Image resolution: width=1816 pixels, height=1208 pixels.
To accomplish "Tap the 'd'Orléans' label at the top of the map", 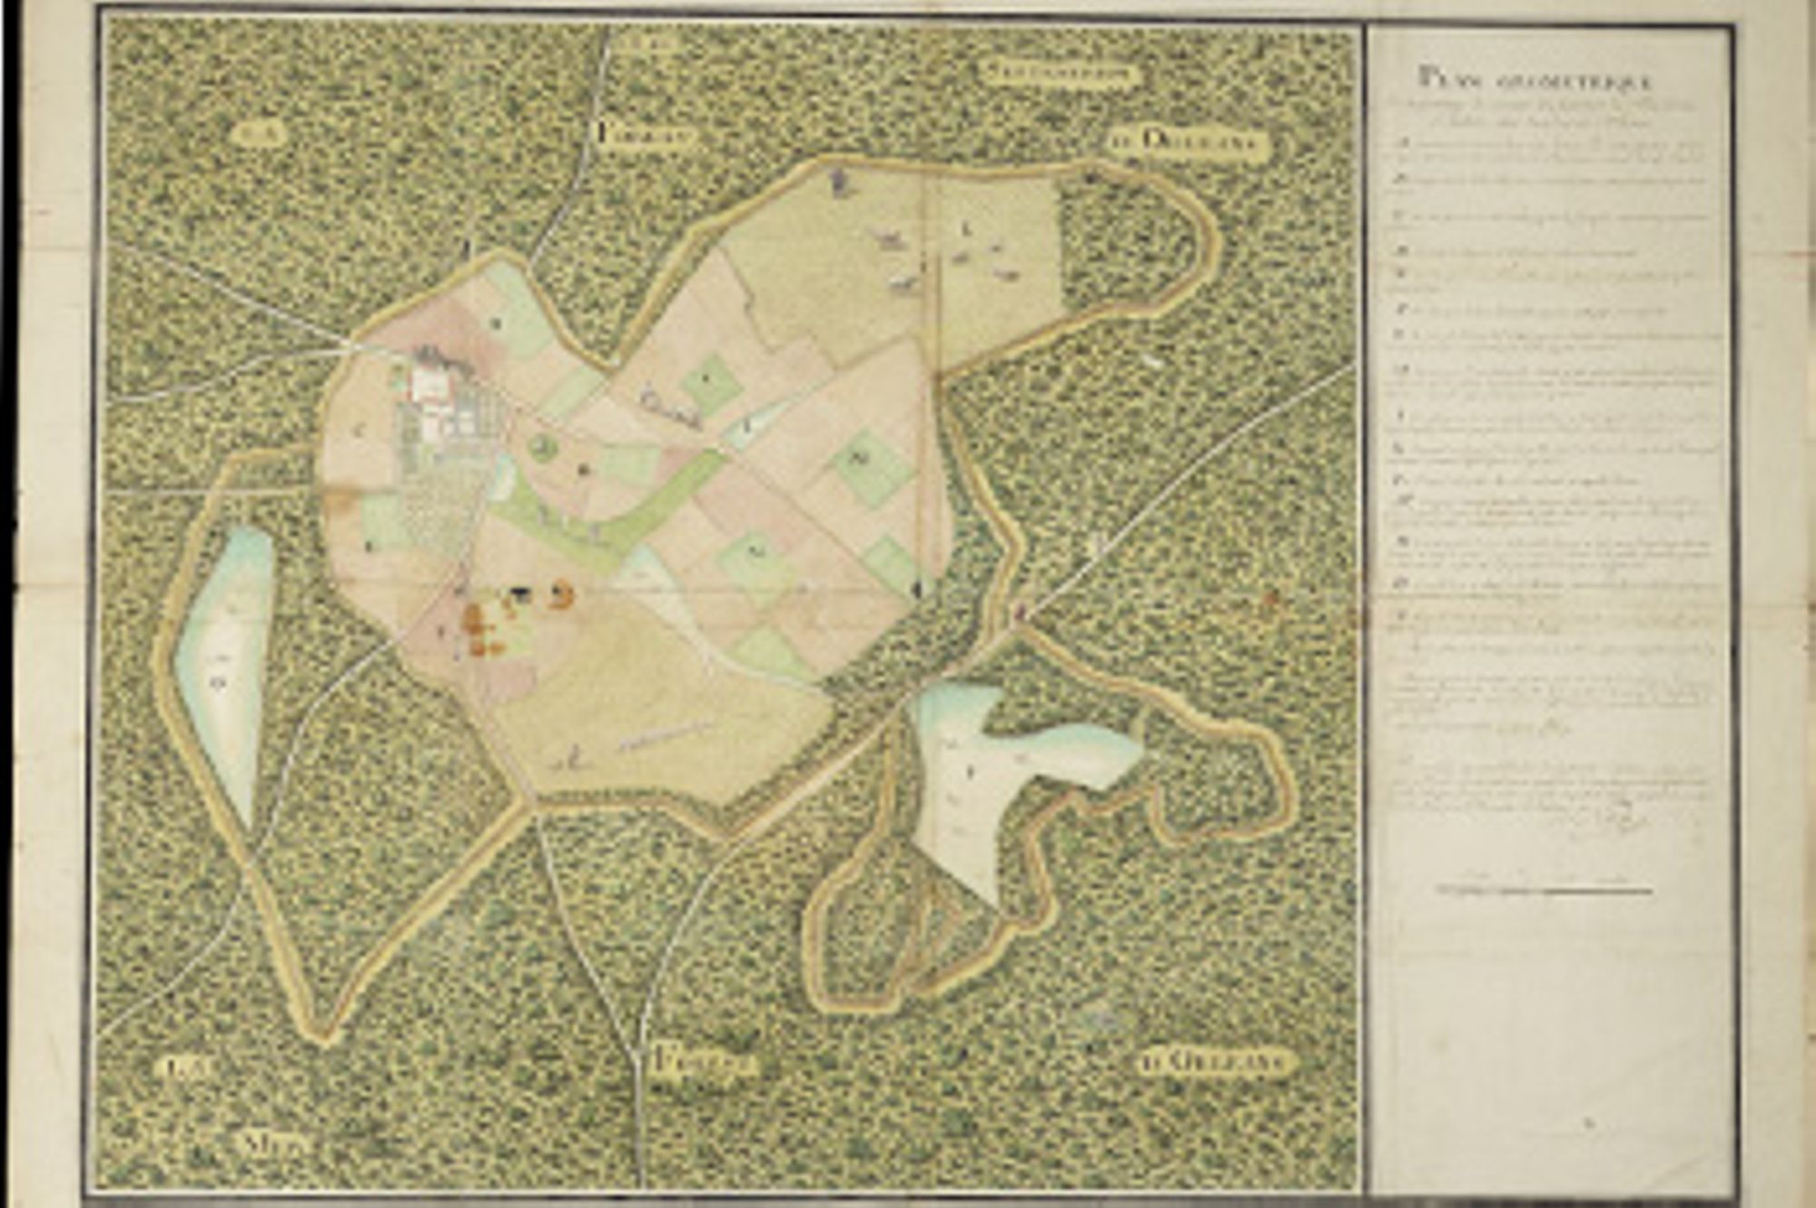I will click(x=1188, y=142).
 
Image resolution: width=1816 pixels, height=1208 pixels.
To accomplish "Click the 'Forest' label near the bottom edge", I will click(x=704, y=1059).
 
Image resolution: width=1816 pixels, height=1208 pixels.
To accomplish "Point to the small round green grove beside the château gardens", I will click(x=543, y=446).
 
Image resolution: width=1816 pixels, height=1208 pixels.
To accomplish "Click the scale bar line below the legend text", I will click(x=1544, y=891).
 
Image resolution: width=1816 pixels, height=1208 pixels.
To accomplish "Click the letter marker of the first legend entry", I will click(x=1401, y=143).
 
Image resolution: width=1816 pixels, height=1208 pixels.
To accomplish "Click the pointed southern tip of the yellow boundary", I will click(x=324, y=1035).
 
